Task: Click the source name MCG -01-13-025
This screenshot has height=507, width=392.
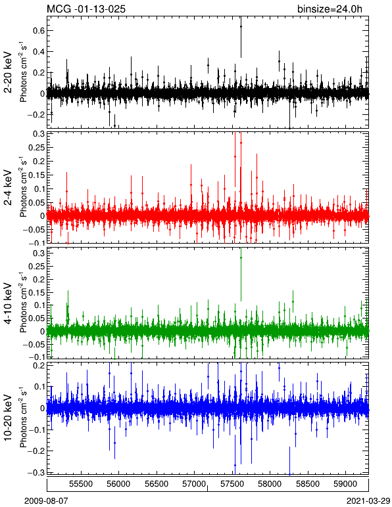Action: tap(86, 9)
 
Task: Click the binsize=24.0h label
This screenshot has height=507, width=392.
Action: tap(330, 9)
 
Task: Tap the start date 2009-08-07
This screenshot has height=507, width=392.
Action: tap(47, 501)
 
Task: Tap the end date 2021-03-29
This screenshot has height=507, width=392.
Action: tap(368, 501)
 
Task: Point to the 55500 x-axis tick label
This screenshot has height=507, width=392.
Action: tap(82, 484)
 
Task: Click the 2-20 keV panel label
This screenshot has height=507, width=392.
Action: tap(8, 72)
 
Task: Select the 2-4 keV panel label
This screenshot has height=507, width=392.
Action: tap(8, 188)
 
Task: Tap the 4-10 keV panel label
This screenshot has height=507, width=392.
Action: tap(8, 303)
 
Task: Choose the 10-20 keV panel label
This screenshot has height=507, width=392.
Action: tap(8, 418)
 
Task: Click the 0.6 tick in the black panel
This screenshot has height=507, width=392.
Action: tap(38, 31)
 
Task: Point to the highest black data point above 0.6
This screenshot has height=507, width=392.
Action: tap(241, 26)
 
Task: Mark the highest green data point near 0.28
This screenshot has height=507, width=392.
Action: tap(241, 257)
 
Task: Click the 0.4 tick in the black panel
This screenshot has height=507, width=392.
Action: tap(38, 52)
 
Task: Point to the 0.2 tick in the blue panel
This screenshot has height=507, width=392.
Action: tap(38, 365)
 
